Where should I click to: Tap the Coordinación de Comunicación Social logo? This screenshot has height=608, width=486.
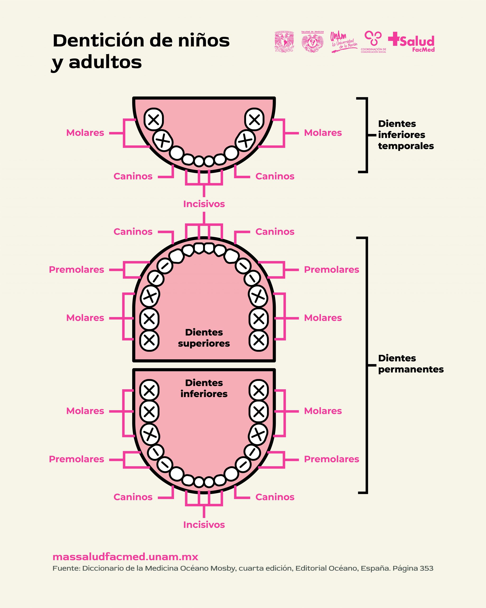pyautogui.click(x=373, y=42)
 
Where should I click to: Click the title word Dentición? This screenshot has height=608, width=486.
pyautogui.click(x=99, y=41)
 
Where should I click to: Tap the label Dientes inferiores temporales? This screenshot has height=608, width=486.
pyautogui.click(x=406, y=135)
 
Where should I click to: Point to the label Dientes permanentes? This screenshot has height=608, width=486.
pyautogui.click(x=411, y=364)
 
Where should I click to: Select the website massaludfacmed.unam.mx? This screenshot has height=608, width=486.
pyautogui.click(x=125, y=557)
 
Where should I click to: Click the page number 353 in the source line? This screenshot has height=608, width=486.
pyautogui.click(x=426, y=568)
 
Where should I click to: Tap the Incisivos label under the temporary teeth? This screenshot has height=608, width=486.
pyautogui.click(x=204, y=204)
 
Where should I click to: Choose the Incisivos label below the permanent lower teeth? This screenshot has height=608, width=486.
pyautogui.click(x=204, y=525)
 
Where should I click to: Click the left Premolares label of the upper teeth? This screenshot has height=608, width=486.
pyautogui.click(x=77, y=270)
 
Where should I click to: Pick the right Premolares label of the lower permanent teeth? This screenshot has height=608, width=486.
pyautogui.click(x=331, y=459)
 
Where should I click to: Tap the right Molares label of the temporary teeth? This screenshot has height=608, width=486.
pyautogui.click(x=323, y=133)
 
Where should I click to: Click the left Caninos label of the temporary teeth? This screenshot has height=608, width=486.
pyautogui.click(x=133, y=176)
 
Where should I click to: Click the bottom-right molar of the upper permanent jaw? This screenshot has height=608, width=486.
pyautogui.click(x=259, y=340)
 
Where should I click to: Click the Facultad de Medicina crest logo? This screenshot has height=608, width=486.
pyautogui.click(x=313, y=42)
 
